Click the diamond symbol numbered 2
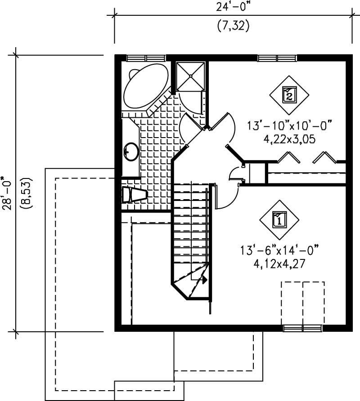(x=289, y=94)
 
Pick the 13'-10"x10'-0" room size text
(x=289, y=125)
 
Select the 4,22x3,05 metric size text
(x=289, y=139)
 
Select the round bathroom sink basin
(x=131, y=151)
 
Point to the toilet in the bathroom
(x=134, y=195)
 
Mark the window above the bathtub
(x=146, y=58)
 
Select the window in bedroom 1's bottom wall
(x=303, y=328)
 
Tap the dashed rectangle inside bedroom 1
(x=303, y=303)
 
